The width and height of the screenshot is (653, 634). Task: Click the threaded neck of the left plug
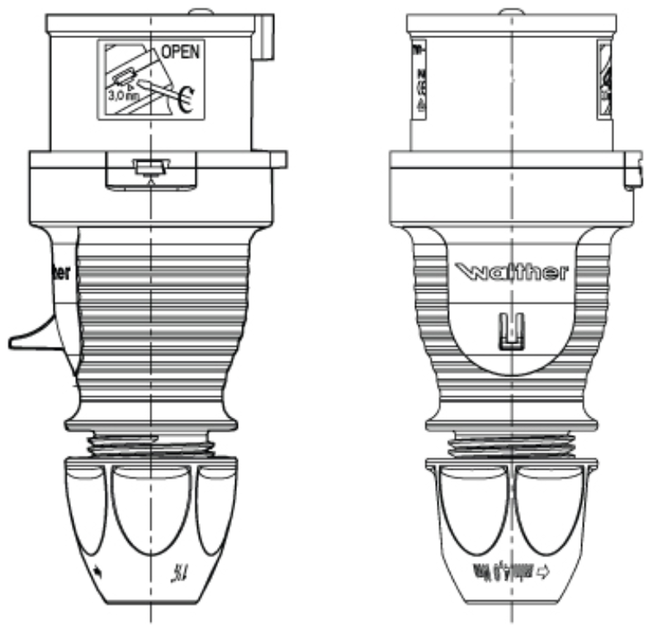pyautogui.click(x=152, y=445)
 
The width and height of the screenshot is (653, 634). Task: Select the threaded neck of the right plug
pyautogui.click(x=511, y=446)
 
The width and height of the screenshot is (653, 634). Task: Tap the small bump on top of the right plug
pyautogui.click(x=511, y=11)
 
